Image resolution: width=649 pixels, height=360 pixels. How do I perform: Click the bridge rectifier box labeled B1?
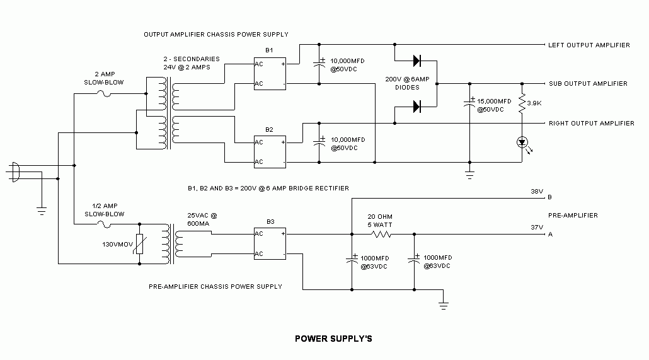[270, 73]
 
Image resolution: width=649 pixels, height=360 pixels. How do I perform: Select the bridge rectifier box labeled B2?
[270, 152]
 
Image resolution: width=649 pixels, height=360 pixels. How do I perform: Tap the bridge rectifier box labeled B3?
[270, 243]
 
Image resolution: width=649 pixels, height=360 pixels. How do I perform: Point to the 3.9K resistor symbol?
[522, 103]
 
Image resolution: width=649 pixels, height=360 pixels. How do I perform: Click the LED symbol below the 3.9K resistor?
[522, 142]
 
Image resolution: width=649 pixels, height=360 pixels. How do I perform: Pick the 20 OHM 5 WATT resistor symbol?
[381, 234]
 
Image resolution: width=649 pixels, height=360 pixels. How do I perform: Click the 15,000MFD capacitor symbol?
[469, 102]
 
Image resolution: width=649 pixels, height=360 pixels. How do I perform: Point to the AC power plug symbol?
[15, 173]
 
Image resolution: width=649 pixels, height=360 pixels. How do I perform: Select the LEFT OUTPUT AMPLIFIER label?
[589, 45]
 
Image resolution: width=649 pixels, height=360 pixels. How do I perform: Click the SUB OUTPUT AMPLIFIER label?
[587, 84]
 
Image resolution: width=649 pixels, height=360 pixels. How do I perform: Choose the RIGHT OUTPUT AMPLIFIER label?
[591, 124]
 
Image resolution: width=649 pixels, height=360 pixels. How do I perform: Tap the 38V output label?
[537, 191]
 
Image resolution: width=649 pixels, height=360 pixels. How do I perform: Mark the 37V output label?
[537, 228]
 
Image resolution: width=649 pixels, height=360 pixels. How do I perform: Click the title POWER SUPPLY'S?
[333, 339]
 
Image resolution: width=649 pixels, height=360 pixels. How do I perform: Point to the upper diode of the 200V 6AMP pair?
[416, 61]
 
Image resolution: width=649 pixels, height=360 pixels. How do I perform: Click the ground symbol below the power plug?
[41, 211]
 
